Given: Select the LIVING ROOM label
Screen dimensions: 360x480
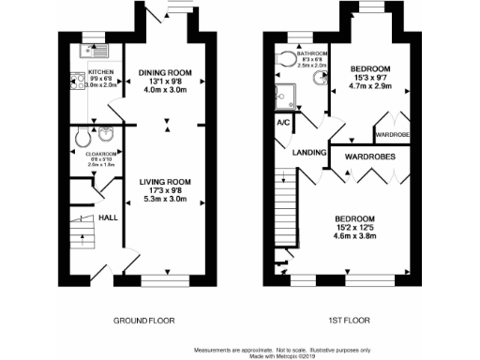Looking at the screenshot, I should pos(166,181).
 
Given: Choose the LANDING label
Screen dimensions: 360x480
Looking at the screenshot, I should pos(308,153).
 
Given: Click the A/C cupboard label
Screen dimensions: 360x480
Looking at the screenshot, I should pos(282,123).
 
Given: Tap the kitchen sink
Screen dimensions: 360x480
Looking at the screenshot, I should pos(97,52).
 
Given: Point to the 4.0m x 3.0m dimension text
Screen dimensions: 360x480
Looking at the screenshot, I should pos(165,91).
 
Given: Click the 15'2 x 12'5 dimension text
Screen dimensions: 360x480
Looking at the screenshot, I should pos(355,228).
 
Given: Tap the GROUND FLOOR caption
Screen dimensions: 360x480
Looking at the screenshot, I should pos(143,321).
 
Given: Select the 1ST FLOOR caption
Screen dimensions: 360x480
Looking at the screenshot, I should pos(347,321).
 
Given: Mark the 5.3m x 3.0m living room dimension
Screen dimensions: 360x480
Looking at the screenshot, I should pos(166,200).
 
